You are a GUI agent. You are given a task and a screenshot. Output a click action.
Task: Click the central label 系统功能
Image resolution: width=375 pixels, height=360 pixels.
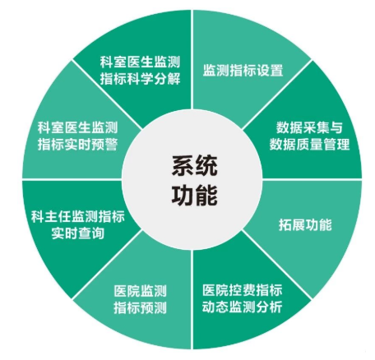click(195, 181)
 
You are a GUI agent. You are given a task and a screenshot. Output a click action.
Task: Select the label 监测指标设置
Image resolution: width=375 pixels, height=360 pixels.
click(243, 70)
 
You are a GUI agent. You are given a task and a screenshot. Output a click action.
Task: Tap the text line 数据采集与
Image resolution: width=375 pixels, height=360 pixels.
click(309, 127)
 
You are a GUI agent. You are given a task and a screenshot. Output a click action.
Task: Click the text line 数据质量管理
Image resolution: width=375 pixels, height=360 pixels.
click(309, 144)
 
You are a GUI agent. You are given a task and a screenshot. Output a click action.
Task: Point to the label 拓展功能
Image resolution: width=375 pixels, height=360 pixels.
click(305, 225)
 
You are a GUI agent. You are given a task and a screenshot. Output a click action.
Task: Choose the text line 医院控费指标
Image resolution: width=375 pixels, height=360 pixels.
click(243, 290)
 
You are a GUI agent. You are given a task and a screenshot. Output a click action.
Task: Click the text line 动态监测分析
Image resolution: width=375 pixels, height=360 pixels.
click(243, 307)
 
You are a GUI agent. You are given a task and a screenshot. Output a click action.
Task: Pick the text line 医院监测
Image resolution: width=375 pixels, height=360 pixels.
click(141, 291)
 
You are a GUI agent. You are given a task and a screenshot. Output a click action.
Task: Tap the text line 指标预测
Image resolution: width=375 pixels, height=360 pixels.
click(141, 307)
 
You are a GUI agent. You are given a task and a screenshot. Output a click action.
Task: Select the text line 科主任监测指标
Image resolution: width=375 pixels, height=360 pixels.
click(78, 216)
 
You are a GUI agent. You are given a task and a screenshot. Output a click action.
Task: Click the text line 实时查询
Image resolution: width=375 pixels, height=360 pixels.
click(78, 233)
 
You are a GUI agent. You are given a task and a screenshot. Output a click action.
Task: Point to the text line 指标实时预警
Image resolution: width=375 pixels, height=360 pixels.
click(78, 144)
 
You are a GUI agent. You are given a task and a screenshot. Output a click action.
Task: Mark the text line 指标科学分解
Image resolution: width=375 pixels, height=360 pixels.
click(140, 79)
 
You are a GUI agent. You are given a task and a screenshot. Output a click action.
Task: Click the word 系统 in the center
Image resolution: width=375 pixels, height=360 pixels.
click(195, 166)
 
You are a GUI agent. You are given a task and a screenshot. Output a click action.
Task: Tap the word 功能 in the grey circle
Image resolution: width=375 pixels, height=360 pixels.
click(195, 196)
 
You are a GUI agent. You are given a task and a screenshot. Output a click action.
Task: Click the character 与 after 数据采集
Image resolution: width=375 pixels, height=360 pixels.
click(336, 127)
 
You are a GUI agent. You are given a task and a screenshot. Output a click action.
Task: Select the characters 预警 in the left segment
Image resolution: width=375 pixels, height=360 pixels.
click(104, 144)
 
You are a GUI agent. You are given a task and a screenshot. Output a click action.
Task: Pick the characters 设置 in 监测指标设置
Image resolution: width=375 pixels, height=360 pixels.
click(270, 70)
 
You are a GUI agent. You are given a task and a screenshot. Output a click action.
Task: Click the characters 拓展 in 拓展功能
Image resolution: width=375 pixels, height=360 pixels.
click(292, 225)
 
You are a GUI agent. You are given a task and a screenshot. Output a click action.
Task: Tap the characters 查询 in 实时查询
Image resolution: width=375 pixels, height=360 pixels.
click(91, 233)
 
